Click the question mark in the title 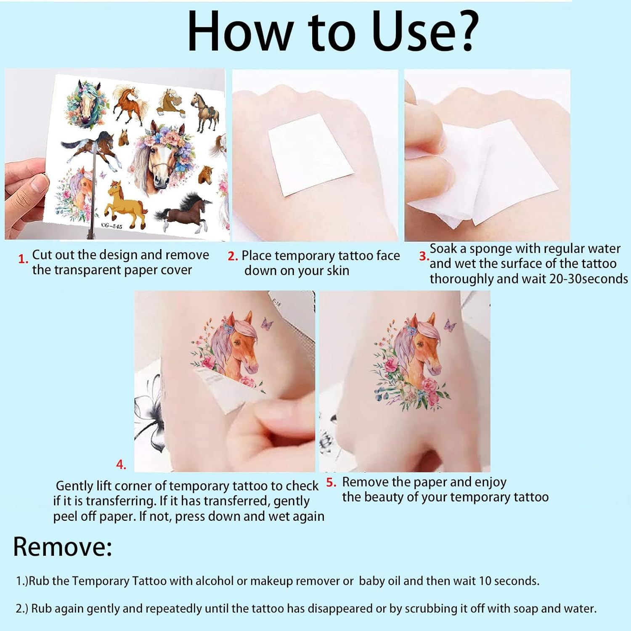[464, 31]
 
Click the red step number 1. [23, 259]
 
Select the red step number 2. [233, 256]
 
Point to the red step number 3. [424, 256]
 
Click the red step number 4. [121, 464]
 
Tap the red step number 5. [331, 483]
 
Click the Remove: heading [63, 547]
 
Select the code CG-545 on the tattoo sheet [111, 226]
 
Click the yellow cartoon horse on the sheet [125, 204]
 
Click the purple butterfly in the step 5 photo [450, 325]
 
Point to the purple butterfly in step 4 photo [267, 323]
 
